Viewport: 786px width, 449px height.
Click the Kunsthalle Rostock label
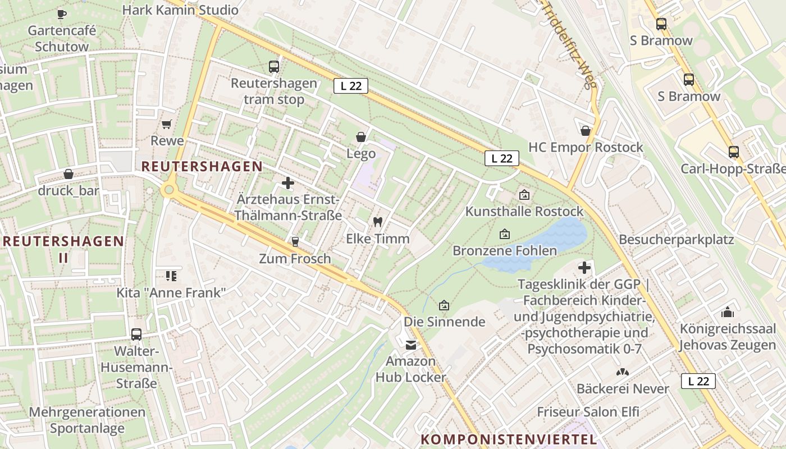[524, 212]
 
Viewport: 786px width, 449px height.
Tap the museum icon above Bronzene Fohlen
[504, 234]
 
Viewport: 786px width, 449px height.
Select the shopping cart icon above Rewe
[167, 124]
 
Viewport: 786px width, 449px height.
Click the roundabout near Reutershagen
[168, 190]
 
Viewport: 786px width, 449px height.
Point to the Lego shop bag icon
[360, 137]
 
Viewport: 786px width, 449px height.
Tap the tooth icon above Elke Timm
[377, 222]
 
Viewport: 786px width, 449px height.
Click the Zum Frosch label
[295, 259]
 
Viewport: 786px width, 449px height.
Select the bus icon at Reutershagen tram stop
[274, 67]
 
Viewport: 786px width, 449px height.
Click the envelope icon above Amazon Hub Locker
[412, 345]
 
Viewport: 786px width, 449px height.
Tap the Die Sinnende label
[444, 322]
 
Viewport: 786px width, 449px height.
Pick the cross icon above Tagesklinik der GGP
[584, 268]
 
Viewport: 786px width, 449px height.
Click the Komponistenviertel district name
[509, 439]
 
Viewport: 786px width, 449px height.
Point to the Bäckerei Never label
[623, 388]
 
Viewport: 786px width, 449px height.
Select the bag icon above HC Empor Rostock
[586, 131]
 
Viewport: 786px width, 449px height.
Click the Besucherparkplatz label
[676, 240]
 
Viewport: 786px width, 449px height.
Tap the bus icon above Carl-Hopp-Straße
[733, 152]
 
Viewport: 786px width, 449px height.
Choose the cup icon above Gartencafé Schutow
[62, 13]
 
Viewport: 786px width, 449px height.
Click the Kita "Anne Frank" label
[171, 292]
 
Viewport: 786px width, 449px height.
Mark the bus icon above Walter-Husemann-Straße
[136, 335]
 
